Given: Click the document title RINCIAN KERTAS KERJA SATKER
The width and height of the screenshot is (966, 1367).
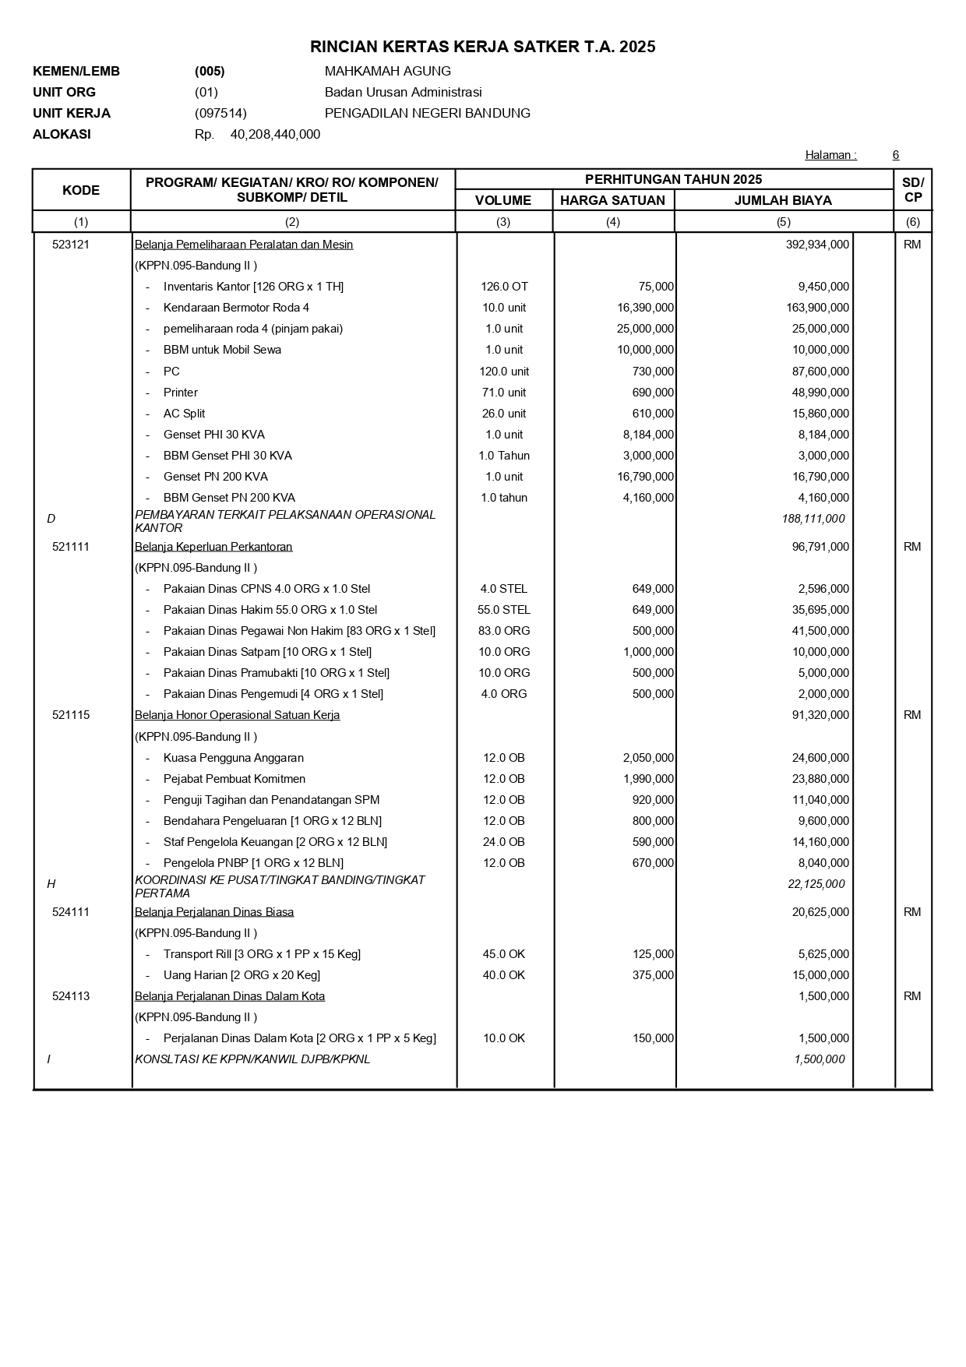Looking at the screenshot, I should pyautogui.click(x=482, y=47).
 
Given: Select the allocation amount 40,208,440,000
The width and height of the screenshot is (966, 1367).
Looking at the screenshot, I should pyautogui.click(x=275, y=134).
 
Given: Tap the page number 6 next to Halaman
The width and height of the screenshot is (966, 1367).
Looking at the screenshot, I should pyautogui.click(x=896, y=155).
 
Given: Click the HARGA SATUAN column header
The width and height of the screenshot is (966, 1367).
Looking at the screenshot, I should pyautogui.click(x=612, y=200).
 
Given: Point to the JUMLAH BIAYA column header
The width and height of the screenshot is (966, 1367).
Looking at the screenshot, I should pyautogui.click(x=783, y=200).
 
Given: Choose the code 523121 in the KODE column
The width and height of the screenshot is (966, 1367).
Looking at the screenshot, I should pyautogui.click(x=71, y=245).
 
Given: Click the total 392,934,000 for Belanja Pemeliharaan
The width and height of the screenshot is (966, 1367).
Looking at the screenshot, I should pyautogui.click(x=817, y=245).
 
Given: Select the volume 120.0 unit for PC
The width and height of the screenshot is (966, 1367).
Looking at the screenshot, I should pyautogui.click(x=504, y=372).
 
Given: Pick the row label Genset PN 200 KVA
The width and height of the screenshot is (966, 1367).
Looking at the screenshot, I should pyautogui.click(x=215, y=477).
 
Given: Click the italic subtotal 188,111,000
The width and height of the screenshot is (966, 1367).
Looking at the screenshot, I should pyautogui.click(x=813, y=519).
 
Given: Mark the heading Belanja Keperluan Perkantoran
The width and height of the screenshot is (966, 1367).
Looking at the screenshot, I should pyautogui.click(x=213, y=547).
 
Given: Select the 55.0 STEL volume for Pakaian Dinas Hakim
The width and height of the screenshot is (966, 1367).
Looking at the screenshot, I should pyautogui.click(x=504, y=610).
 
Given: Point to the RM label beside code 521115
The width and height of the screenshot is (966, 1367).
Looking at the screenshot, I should pyautogui.click(x=912, y=715).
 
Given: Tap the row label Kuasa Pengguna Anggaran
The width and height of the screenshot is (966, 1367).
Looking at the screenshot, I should pyautogui.click(x=233, y=758).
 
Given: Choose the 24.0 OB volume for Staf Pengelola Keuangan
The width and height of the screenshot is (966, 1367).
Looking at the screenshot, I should pyautogui.click(x=504, y=842).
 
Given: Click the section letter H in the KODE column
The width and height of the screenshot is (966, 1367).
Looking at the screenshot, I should pyautogui.click(x=51, y=884).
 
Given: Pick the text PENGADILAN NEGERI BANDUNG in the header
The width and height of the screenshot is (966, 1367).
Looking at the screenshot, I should pyautogui.click(x=427, y=113).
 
